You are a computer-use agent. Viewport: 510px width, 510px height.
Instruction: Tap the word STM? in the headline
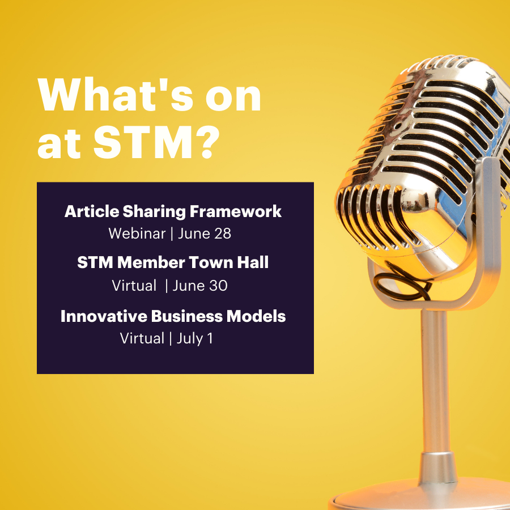pyautogui.click(x=156, y=142)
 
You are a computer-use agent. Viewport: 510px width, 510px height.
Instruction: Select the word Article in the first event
pyautogui.click(x=92, y=211)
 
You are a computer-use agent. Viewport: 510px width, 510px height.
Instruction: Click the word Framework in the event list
pyautogui.click(x=236, y=211)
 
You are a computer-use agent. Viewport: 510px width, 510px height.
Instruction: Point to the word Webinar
pyautogui.click(x=137, y=233)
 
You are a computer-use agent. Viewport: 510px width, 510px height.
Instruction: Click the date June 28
pyautogui.click(x=205, y=233)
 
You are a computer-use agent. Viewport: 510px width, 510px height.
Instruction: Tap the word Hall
pyautogui.click(x=253, y=262)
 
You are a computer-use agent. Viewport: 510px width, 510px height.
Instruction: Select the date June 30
pyautogui.click(x=200, y=286)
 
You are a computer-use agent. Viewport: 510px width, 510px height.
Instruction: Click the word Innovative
pyautogui.click(x=104, y=316)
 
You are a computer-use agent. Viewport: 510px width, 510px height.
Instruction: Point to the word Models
pyautogui.click(x=256, y=316)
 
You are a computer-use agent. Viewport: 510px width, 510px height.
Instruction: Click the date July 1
pyautogui.click(x=195, y=339)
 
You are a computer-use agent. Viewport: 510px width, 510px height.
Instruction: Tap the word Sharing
pyautogui.click(x=155, y=212)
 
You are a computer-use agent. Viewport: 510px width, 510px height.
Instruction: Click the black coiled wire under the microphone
pyautogui.click(x=403, y=282)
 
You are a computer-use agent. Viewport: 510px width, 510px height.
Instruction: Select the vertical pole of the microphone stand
pyautogui.click(x=435, y=381)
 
